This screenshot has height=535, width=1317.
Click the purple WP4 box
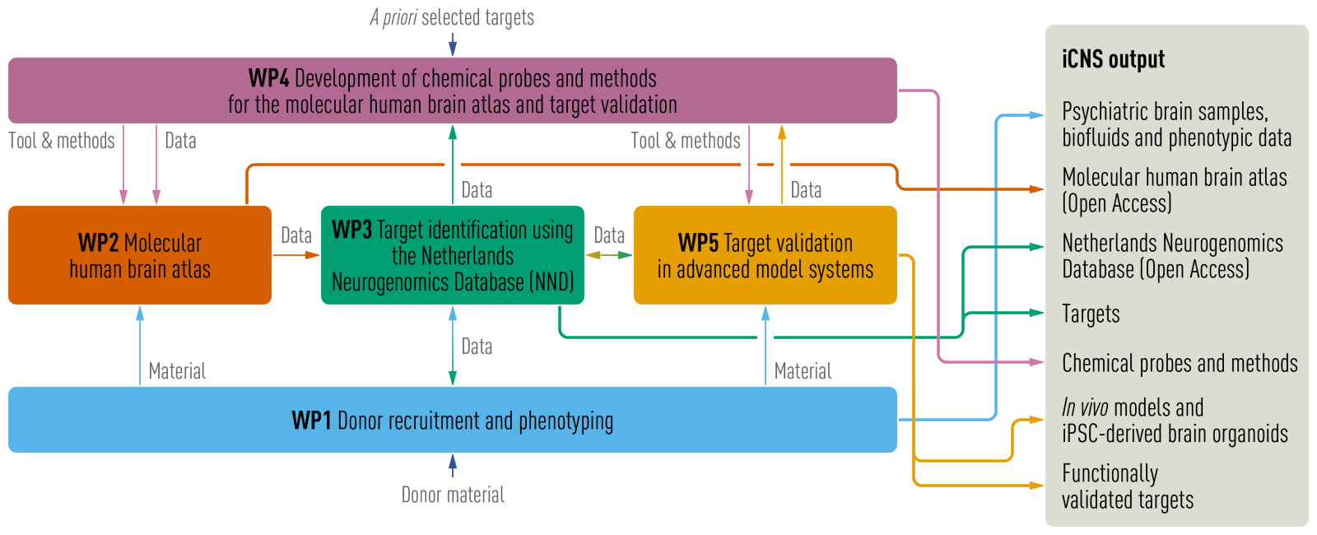coord(452,91)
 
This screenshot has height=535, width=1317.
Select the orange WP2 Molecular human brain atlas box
coord(140,255)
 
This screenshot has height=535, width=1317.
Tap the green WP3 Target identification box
coord(452,255)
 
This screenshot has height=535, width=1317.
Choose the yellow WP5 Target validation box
coord(765,255)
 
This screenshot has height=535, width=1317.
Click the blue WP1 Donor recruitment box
coord(452,420)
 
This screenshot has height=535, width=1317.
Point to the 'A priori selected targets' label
coord(452,17)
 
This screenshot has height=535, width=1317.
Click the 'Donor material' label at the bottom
coord(453,495)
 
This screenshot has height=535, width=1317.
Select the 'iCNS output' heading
coord(1113,59)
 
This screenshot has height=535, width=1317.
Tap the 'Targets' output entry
coord(1091,314)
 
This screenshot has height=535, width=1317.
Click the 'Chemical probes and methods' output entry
coord(1180,363)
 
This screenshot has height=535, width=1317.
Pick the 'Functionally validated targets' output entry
coord(1127,486)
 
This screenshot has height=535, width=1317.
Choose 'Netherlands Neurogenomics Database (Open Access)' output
coord(1172,256)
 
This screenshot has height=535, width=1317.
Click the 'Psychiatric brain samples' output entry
coord(1176,124)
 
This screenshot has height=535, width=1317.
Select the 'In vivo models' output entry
coord(1175,421)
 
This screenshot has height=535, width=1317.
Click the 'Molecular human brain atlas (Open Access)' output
coord(1175,190)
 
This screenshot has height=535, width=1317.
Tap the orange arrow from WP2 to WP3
coord(296,255)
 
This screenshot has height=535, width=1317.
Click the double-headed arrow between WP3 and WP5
coord(609,255)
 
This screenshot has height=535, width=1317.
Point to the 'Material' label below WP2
coord(177,371)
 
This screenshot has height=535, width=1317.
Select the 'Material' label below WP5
coord(803,371)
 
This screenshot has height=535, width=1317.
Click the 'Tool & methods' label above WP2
coord(62,141)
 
